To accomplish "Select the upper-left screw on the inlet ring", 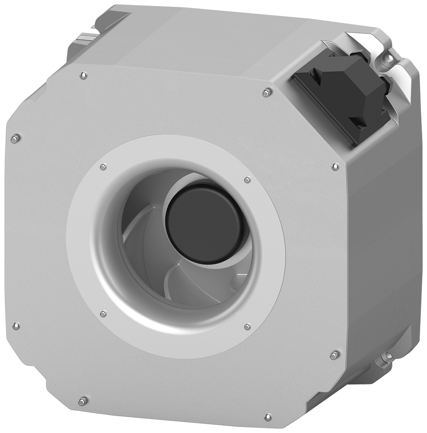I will (103, 167).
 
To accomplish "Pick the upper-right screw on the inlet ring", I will (247, 180).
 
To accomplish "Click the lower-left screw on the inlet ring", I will (103, 313).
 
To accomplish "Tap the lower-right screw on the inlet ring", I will (247, 326).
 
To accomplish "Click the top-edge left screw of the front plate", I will (84, 76).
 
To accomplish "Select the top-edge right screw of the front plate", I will (267, 92).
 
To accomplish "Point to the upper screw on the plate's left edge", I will (16, 139).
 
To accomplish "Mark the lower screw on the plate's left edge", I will (16, 325).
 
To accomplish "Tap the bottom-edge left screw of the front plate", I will (83, 401).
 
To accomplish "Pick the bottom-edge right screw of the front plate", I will (267, 417).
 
